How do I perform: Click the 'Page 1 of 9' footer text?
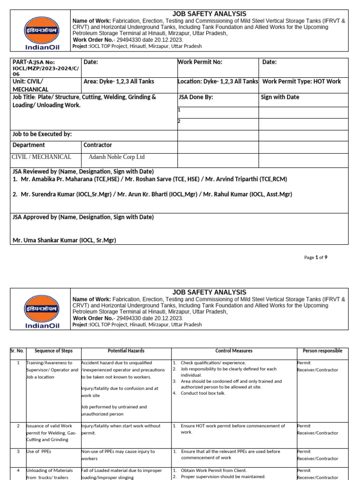pos(315,257)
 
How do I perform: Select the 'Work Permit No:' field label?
pos(200,62)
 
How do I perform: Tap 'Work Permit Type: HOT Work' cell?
pos(301,82)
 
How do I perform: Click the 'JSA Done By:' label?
pos(196,97)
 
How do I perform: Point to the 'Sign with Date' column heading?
pos(280,97)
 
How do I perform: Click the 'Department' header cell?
pos(29,145)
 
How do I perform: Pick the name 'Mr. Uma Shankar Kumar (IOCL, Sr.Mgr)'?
pos(64,240)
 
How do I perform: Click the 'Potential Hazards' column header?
pos(126,351)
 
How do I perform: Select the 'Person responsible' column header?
pos(322,351)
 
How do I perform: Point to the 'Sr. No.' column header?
pos(18,351)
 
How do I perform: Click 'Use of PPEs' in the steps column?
pos(39,451)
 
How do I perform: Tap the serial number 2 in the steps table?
pos(18,426)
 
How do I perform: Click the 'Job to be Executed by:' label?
pos(42,134)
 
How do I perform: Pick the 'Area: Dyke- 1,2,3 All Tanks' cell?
pos(119,82)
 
